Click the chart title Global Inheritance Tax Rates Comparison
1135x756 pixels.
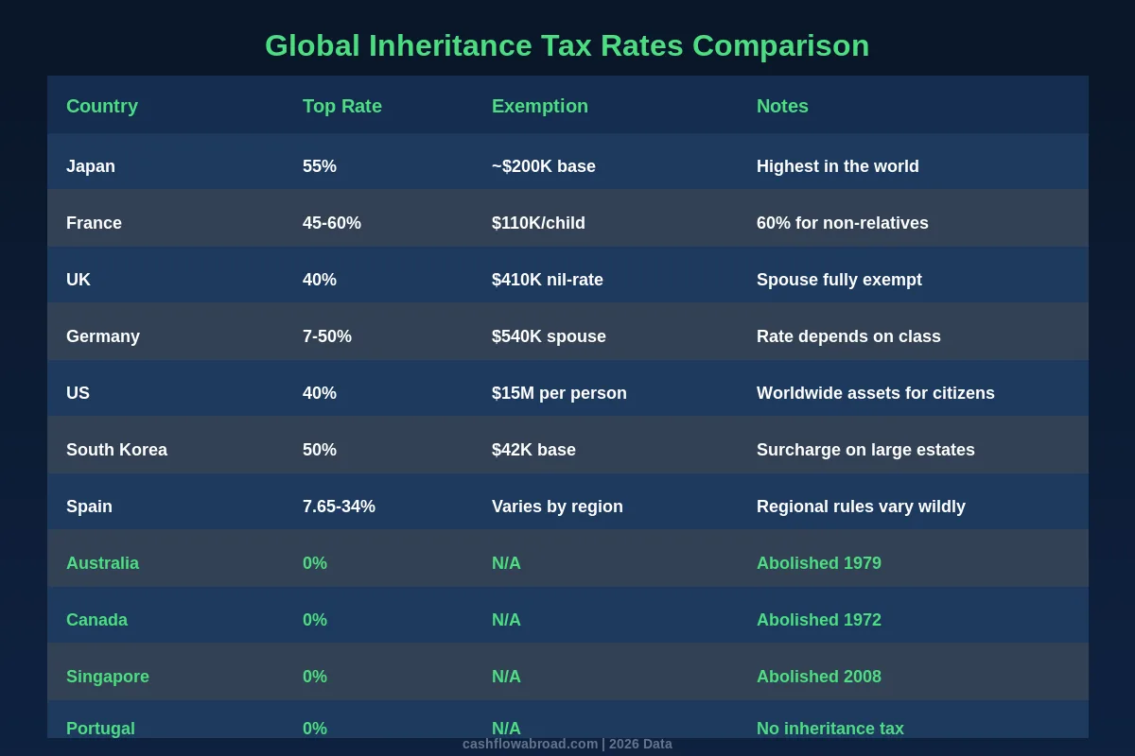[567, 45]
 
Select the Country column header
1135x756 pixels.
[102, 106]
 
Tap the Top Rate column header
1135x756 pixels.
[341, 106]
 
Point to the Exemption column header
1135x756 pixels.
[539, 106]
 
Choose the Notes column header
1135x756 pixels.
[782, 106]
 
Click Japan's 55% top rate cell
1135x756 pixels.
[320, 166]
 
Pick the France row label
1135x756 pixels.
[94, 223]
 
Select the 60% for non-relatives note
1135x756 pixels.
[842, 223]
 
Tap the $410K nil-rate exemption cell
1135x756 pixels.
[547, 280]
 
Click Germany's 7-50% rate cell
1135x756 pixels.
[326, 336]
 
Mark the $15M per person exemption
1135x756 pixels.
[559, 393]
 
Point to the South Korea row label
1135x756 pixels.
[116, 450]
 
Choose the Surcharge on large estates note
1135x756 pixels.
[865, 450]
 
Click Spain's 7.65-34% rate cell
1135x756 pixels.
[339, 507]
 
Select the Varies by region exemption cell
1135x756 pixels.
[557, 507]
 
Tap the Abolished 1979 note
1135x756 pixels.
[818, 563]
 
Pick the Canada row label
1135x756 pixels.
[96, 620]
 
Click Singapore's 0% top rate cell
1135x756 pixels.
[315, 677]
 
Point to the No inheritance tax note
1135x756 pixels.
[829, 728]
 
